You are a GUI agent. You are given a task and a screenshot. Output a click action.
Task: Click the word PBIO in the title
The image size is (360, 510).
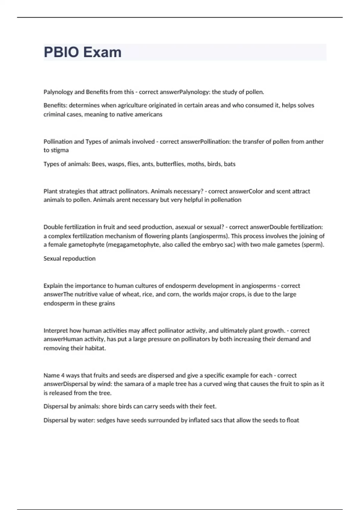click(x=61, y=52)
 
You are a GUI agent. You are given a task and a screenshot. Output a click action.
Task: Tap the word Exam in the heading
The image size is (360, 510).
click(x=102, y=52)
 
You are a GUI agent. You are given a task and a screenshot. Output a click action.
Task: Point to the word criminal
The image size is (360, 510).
click(x=53, y=114)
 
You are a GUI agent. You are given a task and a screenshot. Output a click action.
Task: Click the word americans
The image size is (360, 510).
click(x=149, y=114)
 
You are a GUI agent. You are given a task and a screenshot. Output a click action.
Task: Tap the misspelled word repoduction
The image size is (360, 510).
click(x=79, y=258)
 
